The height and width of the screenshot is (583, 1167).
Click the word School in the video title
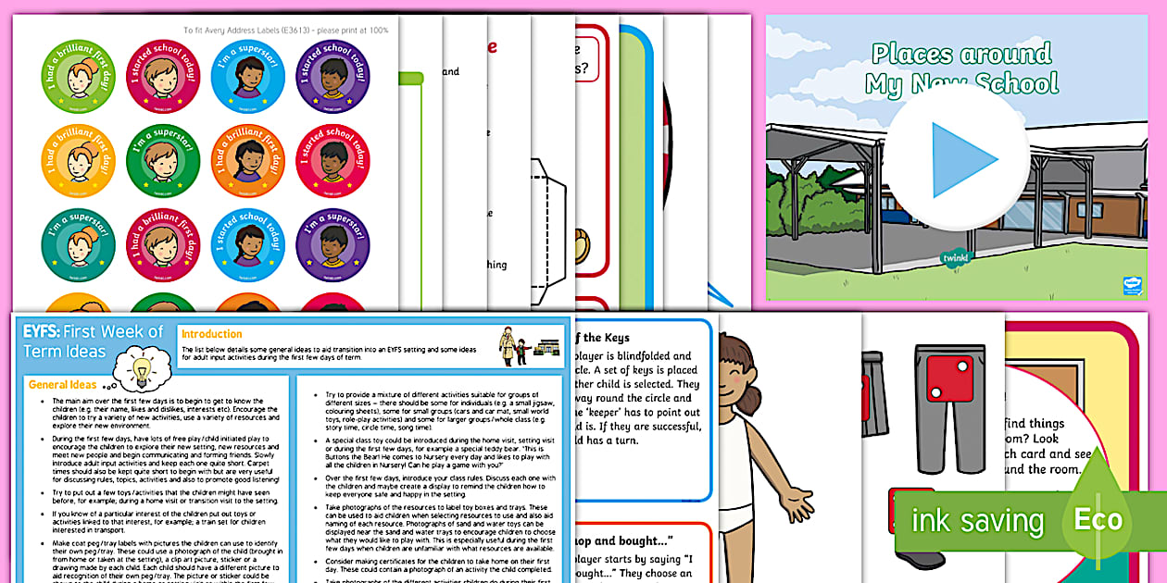point(1010,83)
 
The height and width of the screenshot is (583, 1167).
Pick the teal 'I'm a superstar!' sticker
point(79,243)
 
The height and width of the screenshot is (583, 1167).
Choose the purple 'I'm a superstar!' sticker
point(333,243)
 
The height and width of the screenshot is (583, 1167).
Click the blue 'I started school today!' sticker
point(247,243)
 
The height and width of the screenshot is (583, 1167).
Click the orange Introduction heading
point(212,334)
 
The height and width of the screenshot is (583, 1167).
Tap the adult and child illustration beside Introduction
point(519,344)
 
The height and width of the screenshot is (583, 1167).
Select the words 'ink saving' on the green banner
point(977,520)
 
